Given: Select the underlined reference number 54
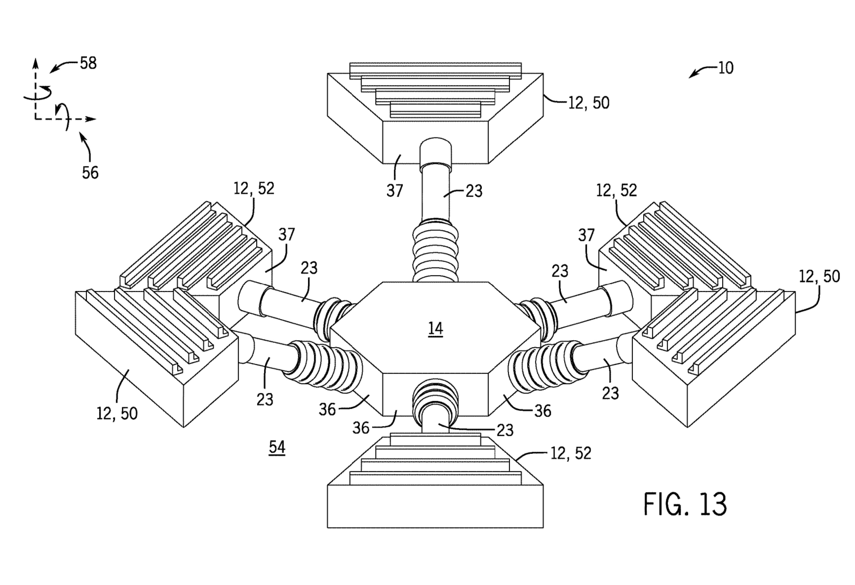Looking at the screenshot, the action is (277, 447).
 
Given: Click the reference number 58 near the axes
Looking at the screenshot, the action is (88, 63).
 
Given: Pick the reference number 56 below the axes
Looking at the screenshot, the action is (90, 172).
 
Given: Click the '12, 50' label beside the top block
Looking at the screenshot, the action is (589, 103).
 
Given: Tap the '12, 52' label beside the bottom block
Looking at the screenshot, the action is (571, 453).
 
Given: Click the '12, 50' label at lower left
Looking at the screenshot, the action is (117, 414).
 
